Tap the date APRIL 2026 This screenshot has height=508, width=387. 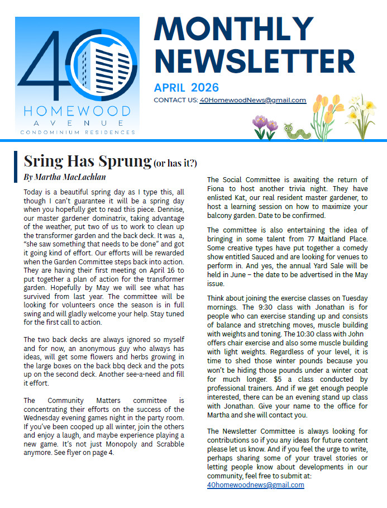point(187,88)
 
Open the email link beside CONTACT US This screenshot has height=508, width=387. point(252,101)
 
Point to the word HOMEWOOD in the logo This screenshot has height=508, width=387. point(77,111)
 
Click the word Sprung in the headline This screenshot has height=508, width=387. point(125,161)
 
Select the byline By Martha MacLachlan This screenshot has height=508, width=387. point(65,177)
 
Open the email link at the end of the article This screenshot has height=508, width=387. point(255,485)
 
